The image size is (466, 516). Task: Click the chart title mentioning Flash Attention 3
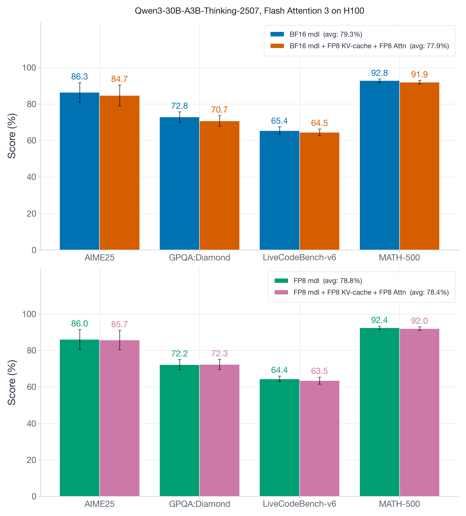coord(249,11)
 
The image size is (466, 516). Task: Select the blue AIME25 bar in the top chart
coord(79,171)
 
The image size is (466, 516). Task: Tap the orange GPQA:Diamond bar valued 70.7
coord(219,186)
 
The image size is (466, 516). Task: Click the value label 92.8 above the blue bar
coord(379,73)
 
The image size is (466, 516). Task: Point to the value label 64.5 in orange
coord(319,123)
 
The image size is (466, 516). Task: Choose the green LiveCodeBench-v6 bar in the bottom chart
coord(279,438)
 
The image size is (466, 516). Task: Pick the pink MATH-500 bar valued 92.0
coord(419,412)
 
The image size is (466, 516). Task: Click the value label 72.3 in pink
coord(219,353)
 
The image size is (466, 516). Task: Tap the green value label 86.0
coord(79,324)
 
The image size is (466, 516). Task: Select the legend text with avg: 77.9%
coord(369,46)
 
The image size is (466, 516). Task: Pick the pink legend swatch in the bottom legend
coord(281,292)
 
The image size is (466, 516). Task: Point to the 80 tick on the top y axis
coord(31,104)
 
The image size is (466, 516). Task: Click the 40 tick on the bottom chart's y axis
coord(31,424)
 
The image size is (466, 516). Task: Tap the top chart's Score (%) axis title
coord(12,136)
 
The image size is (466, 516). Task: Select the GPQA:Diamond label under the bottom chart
coord(199,504)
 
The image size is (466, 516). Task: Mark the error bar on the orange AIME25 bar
coord(120,95)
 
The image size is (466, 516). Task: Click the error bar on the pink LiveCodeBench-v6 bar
coord(319,381)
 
